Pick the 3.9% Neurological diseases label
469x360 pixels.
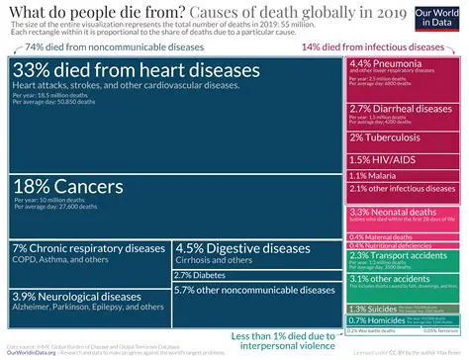[77, 296]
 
